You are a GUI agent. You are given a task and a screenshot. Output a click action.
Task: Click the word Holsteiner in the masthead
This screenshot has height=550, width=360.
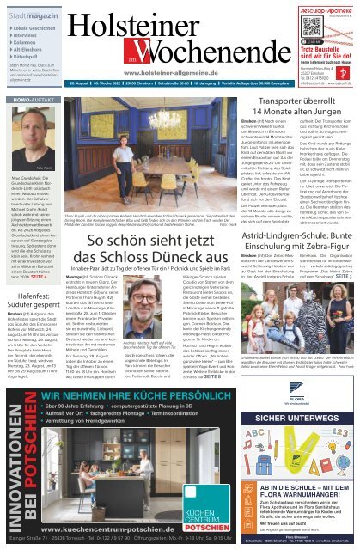point(164,17)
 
